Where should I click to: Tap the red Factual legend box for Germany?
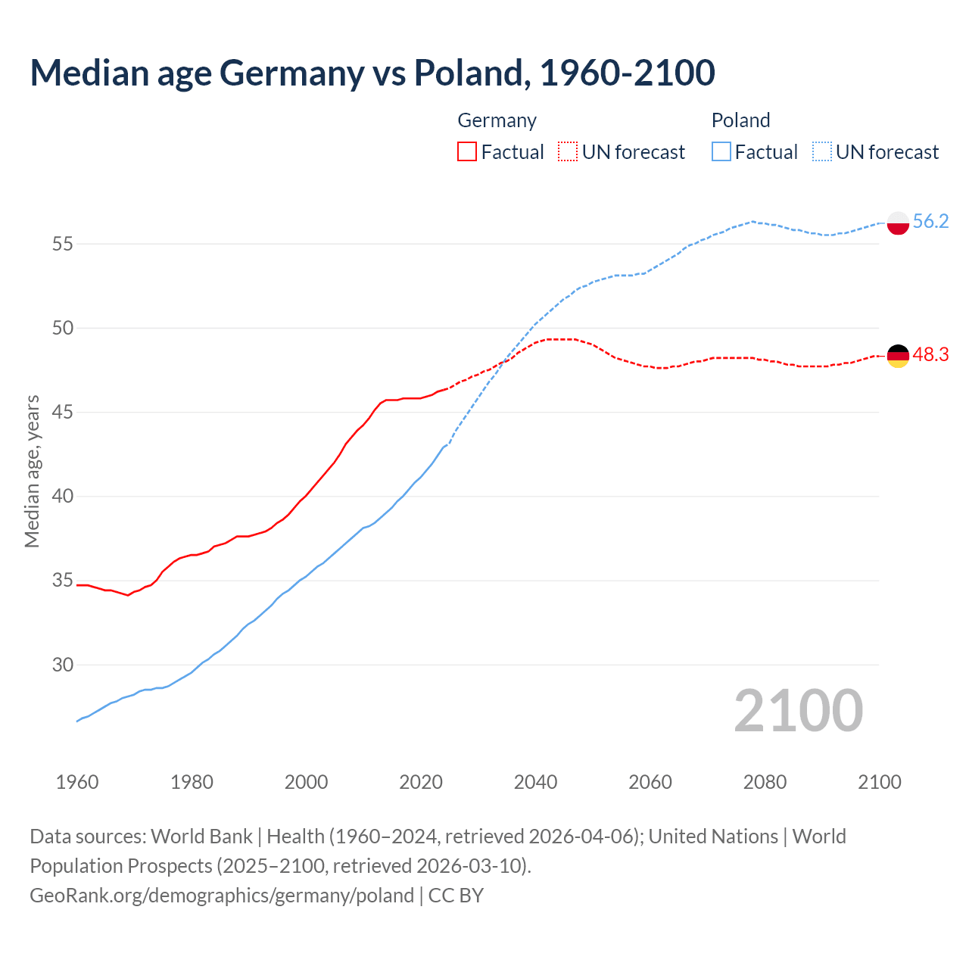tap(467, 151)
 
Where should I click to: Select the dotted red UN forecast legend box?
tap(568, 151)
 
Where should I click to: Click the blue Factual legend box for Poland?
tap(721, 151)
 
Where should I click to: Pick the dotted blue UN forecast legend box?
tap(821, 151)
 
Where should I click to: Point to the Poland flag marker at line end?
tap(898, 223)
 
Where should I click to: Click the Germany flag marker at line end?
tap(898, 356)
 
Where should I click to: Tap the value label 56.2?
tap(930, 221)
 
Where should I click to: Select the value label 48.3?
tap(930, 354)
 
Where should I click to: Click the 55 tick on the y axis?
tap(62, 244)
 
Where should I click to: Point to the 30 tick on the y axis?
tap(62, 665)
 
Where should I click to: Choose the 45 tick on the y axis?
tap(62, 413)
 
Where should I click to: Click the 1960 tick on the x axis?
tap(77, 782)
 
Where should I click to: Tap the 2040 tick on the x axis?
tap(535, 782)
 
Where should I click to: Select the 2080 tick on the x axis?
tap(765, 782)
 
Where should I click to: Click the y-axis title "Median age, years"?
tap(32, 471)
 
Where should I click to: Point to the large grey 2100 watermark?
tap(798, 710)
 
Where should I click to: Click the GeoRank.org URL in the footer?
tap(222, 895)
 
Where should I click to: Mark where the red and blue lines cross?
tap(505, 361)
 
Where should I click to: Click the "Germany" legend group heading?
tap(497, 120)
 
